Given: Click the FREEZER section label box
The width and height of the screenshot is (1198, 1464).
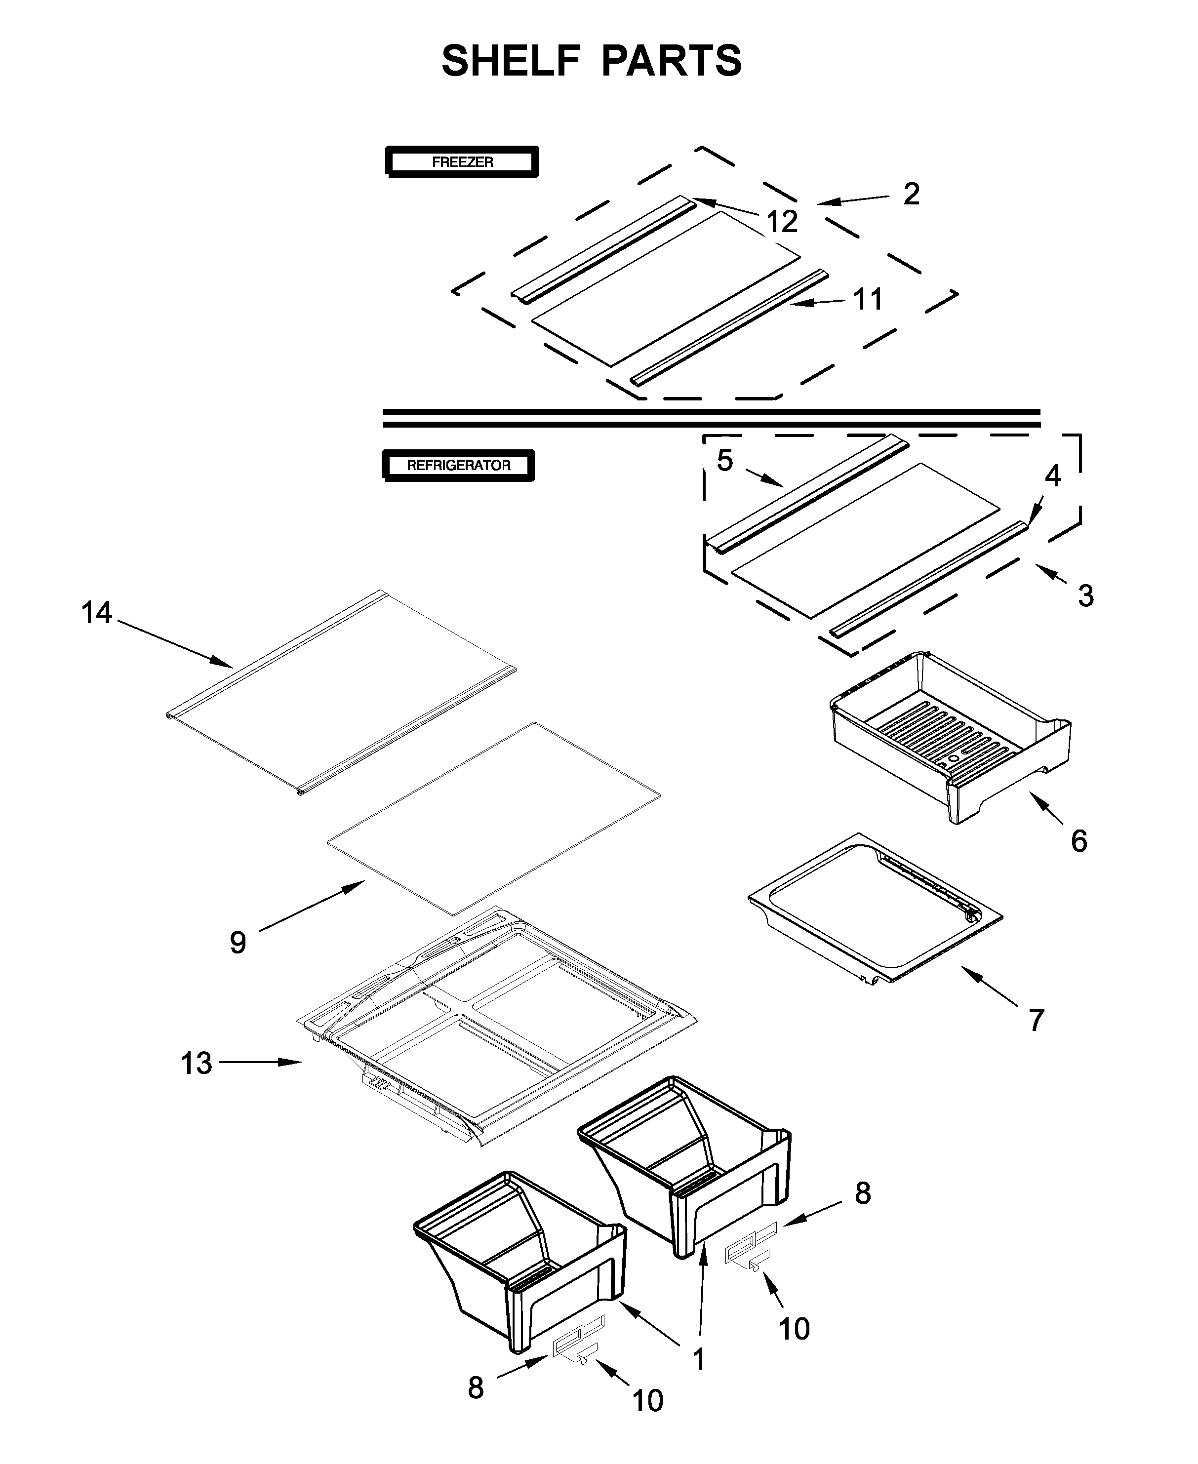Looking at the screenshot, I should pyautogui.click(x=462, y=162).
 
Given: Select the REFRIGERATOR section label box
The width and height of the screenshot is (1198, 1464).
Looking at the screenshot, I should pyautogui.click(x=458, y=465).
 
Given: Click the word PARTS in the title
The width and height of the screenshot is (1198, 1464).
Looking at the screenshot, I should pyautogui.click(x=672, y=61).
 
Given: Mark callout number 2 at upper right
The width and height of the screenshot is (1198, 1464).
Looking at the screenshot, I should pyautogui.click(x=912, y=194).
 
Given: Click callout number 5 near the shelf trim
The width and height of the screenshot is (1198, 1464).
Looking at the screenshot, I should pyautogui.click(x=724, y=461).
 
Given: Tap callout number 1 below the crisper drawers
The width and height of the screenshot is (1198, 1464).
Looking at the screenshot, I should pyautogui.click(x=698, y=1359).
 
